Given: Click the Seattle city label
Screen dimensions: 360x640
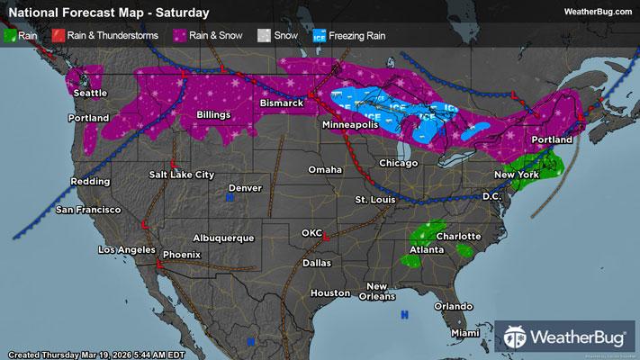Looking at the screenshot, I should pos(89,93).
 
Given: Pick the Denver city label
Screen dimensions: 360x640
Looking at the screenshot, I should pos(245,187).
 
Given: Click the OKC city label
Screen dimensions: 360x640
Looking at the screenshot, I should pos(311,233).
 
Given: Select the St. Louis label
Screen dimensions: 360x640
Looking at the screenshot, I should pos(375,198).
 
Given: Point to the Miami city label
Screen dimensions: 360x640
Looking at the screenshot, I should pos(465,334).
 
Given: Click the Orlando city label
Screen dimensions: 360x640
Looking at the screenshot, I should pos(453,305).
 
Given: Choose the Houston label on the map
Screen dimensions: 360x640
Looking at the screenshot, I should pos(329,293).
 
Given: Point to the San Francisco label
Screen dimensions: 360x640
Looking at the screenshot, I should pos(87,210).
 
